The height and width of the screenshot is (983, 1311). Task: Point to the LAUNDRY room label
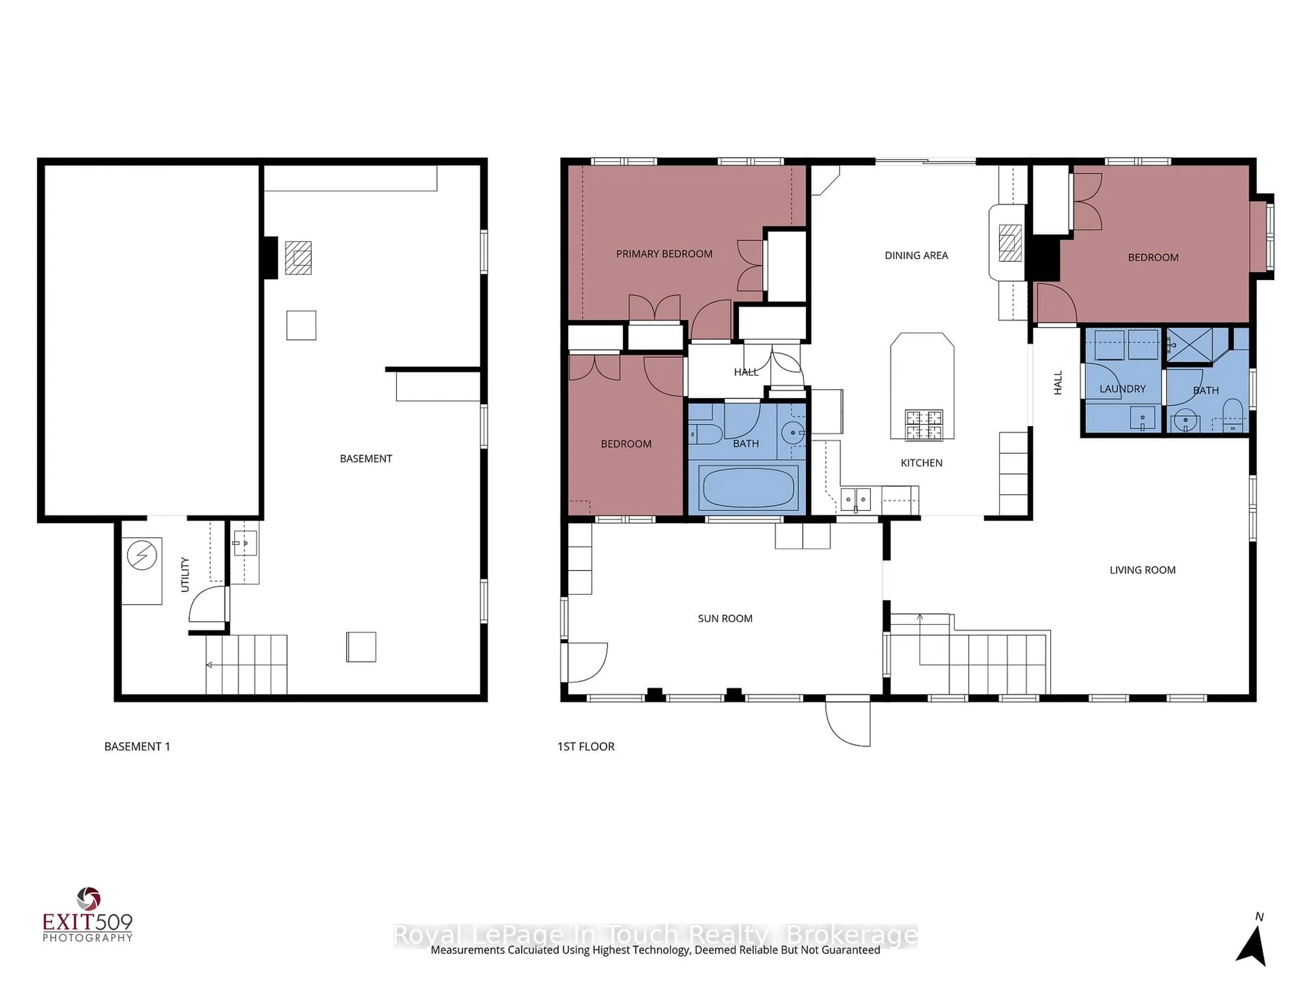1122,389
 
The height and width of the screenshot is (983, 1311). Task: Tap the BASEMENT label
366,459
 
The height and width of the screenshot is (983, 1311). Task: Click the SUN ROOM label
725,618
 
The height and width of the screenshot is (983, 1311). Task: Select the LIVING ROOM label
1142,570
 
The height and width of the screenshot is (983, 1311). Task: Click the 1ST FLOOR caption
586,746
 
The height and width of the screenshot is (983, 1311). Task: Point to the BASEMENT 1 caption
137,746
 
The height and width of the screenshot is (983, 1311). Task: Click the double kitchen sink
855,499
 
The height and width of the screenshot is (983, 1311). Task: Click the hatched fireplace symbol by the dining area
1010,243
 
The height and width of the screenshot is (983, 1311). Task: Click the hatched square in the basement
298,258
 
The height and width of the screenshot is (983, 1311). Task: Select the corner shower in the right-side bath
1188,344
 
